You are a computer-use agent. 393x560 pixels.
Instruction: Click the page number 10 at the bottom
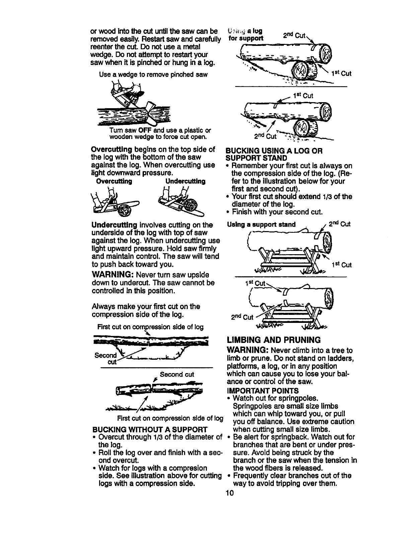click(229, 493)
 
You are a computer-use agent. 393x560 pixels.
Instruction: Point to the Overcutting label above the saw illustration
click(114, 182)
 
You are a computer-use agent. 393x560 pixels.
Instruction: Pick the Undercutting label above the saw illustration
click(185, 182)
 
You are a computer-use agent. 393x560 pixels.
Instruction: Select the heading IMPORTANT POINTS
click(263, 391)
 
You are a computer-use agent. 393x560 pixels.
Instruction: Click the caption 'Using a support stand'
click(261, 224)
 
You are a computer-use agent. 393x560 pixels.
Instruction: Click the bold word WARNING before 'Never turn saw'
click(112, 275)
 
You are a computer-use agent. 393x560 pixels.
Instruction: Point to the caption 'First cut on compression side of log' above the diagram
click(150, 327)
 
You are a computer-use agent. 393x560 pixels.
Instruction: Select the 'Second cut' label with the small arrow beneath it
click(177, 374)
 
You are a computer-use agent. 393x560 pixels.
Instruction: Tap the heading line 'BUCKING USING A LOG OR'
click(274, 151)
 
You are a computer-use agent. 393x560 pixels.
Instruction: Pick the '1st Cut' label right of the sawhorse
click(341, 265)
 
